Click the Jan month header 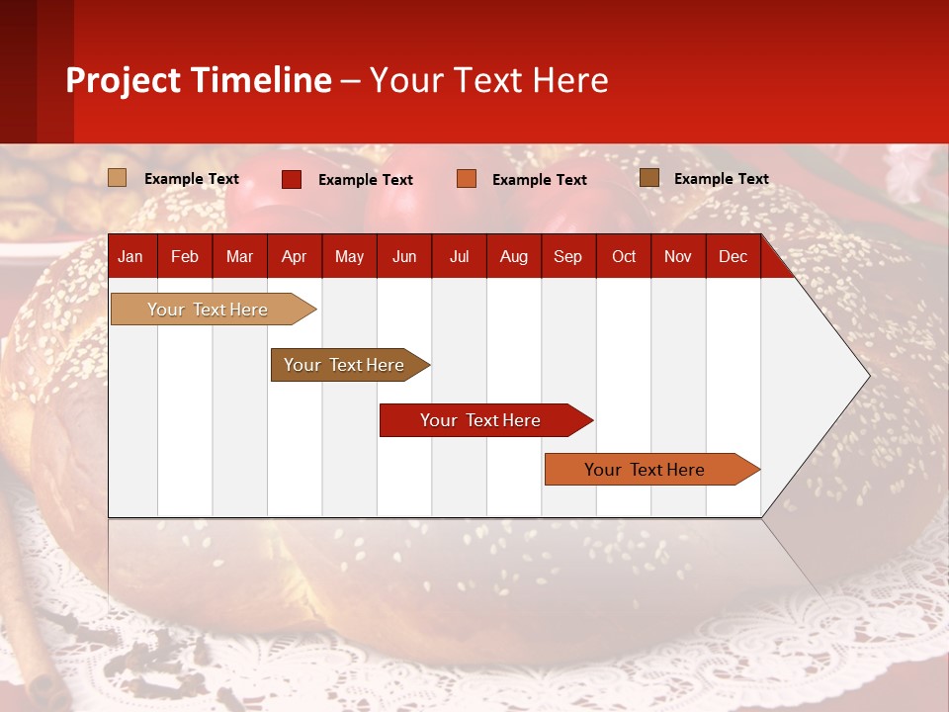tap(130, 256)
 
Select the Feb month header tap(185, 256)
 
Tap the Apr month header tap(294, 256)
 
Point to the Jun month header tap(404, 256)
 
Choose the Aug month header tap(513, 256)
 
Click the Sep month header tap(567, 256)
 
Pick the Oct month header tap(624, 256)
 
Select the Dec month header tap(733, 256)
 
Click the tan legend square tap(118, 178)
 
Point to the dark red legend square tap(292, 179)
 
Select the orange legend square tap(467, 179)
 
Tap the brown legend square tap(649, 178)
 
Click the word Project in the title tap(124, 80)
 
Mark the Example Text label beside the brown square tap(721, 179)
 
